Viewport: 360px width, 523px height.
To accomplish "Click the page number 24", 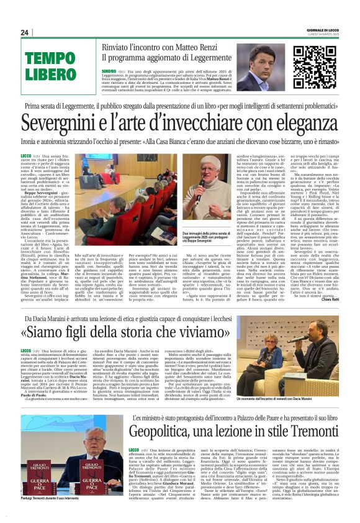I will click(24, 32).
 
